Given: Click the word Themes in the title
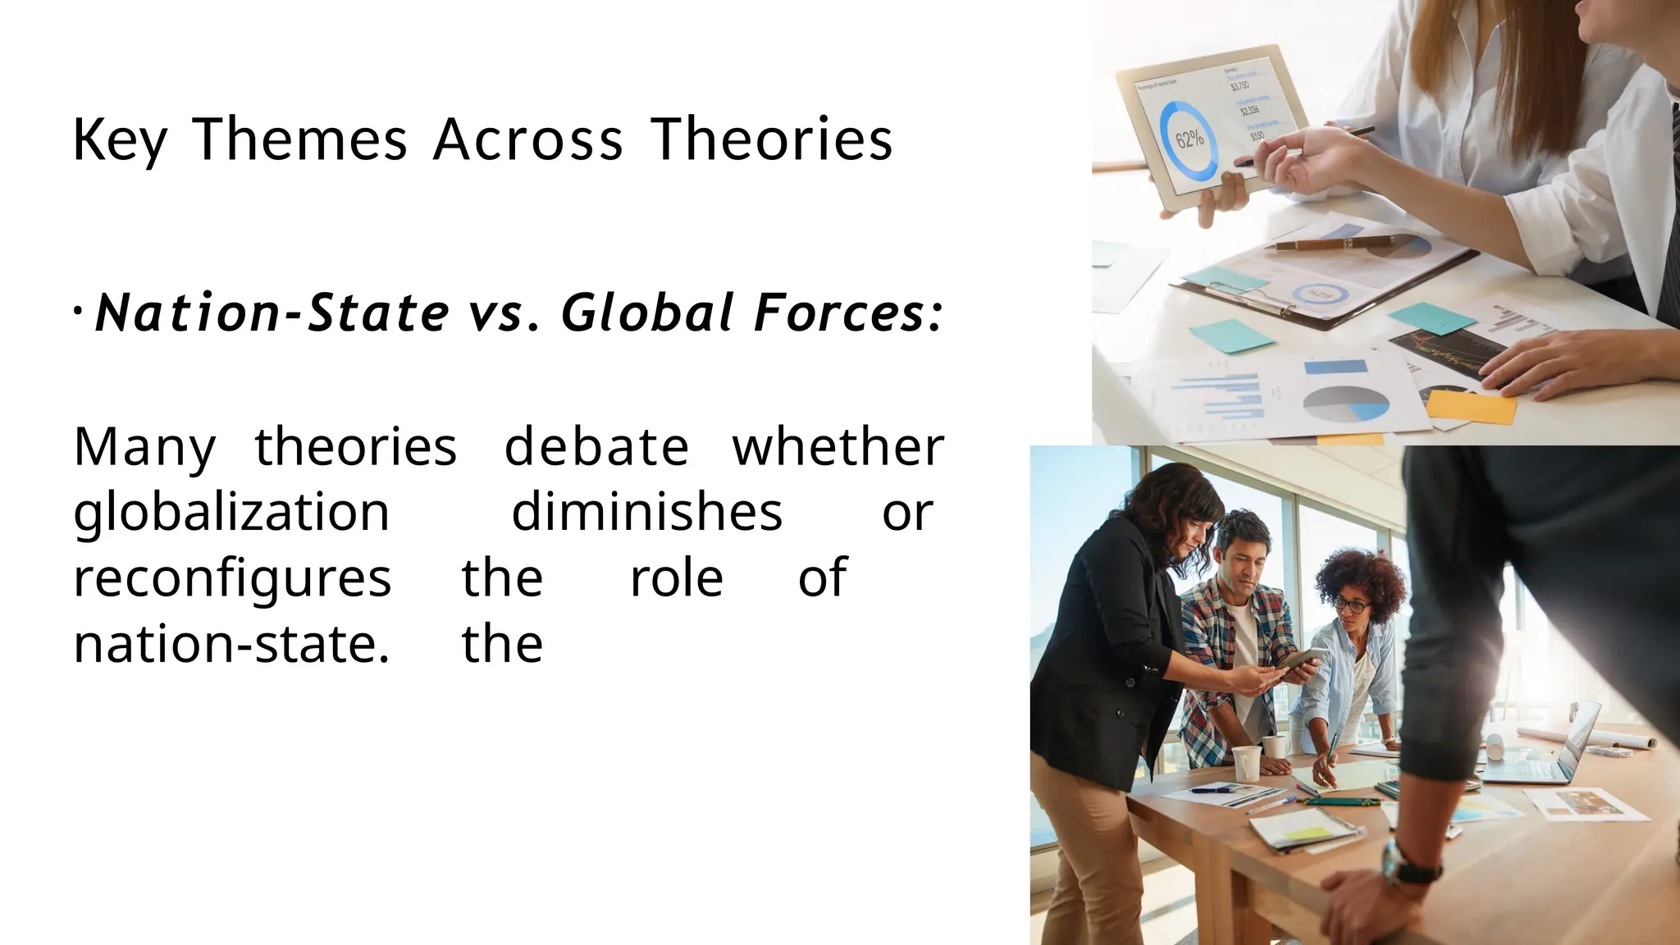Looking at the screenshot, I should click(x=299, y=139).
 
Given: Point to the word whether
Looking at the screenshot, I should click(x=838, y=448).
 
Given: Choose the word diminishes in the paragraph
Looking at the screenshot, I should click(x=646, y=514).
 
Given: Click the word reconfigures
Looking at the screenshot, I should click(x=232, y=579).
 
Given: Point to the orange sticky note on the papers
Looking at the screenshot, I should click(x=1471, y=407).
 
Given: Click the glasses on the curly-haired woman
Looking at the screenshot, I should click(x=1351, y=606).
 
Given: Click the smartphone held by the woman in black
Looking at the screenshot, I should click(x=1300, y=661).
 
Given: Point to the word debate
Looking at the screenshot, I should click(x=596, y=448).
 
